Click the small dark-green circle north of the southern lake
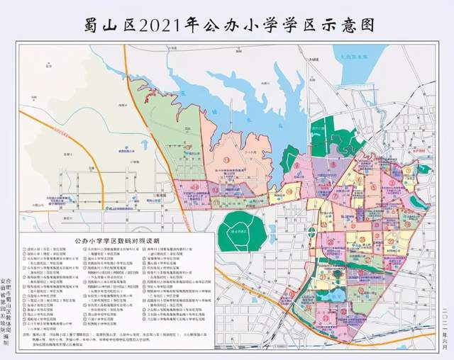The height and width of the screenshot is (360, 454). [338, 274]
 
